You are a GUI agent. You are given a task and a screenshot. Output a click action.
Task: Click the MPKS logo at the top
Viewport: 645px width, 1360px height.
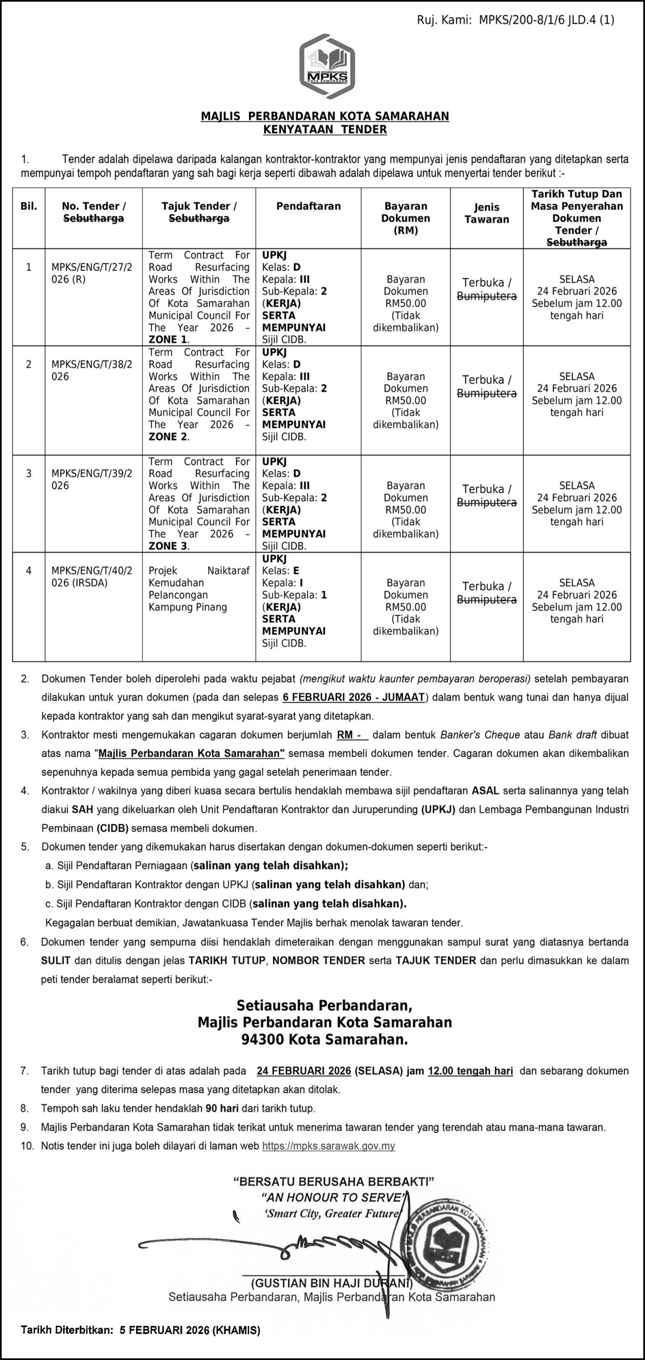point(327,67)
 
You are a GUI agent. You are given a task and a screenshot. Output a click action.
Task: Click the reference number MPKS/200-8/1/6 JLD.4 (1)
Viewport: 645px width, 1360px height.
point(547,20)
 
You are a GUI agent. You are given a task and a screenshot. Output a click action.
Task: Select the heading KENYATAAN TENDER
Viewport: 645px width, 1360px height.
point(325,129)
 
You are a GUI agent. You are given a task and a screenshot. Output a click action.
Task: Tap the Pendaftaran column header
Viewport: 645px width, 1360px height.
point(308,206)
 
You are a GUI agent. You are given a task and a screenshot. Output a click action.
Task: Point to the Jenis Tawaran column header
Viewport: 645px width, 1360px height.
point(486,213)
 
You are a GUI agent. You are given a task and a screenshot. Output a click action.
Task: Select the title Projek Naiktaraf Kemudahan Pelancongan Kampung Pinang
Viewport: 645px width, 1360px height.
point(199,589)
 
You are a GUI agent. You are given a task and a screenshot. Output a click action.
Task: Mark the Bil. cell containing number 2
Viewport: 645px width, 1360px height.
point(29,364)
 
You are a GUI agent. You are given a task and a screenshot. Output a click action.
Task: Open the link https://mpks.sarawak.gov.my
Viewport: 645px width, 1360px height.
point(328,1146)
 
